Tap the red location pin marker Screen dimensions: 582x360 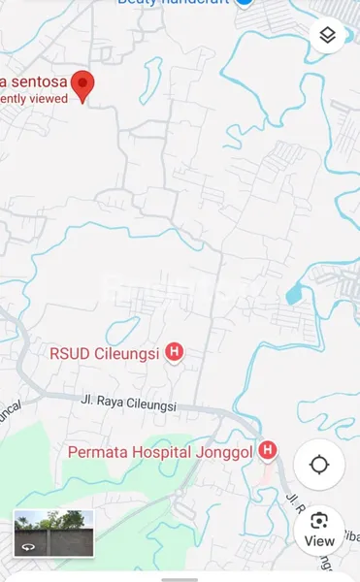(83, 85)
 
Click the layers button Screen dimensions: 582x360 (327, 36)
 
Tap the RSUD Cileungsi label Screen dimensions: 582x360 (105, 353)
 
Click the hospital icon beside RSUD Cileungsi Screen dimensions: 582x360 (175, 352)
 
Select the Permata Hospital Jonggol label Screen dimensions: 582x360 (160, 452)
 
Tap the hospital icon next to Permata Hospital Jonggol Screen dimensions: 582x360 (268, 451)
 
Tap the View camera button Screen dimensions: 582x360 (319, 529)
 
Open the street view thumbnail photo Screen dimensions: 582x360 (53, 533)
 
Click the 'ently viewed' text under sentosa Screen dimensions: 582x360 (34, 98)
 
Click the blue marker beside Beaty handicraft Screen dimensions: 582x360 (245, 3)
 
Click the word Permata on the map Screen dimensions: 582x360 (97, 452)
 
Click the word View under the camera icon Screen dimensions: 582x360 (319, 541)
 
